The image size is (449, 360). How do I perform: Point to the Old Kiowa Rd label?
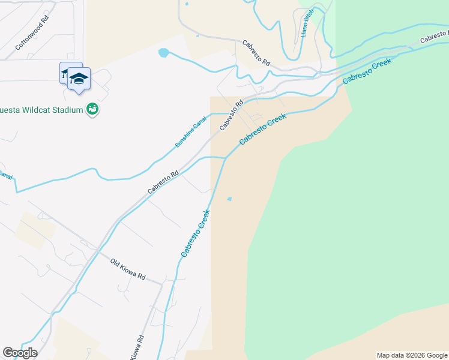coord(128,269)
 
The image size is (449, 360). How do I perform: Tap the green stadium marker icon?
coord(92,109)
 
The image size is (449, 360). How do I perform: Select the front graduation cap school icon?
coord(79,79)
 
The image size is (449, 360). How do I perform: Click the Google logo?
coord(20,353)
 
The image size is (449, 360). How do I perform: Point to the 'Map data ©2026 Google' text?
coord(411,355)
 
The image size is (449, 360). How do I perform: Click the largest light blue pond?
coord(163,53)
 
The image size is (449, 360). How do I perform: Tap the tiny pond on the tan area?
coord(229,199)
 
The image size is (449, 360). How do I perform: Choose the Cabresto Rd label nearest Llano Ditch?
coord(257,53)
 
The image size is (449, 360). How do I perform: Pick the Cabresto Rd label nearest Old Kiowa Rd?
coord(163,182)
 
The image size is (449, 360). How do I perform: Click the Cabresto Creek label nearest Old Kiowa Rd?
coord(196,234)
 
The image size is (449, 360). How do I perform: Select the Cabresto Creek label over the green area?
coord(367,71)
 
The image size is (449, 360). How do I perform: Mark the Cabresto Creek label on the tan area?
coord(263,129)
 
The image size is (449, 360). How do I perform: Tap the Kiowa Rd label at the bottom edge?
coord(137,347)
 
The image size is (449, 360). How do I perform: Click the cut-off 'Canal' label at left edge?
coord(5,176)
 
